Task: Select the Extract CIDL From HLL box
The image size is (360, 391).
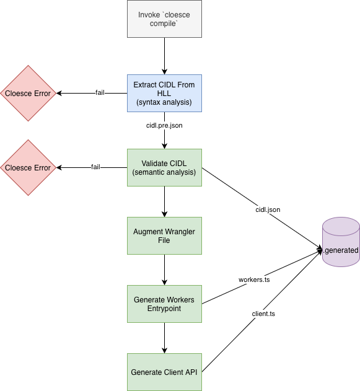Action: click(x=164, y=93)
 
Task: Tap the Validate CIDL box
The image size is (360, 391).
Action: click(x=164, y=167)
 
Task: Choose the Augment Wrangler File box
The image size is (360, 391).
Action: click(x=164, y=235)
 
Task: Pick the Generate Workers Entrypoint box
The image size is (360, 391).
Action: click(x=164, y=304)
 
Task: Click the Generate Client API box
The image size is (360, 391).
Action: click(x=164, y=372)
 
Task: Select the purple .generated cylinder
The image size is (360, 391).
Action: click(x=340, y=242)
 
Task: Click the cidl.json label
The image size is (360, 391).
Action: click(x=267, y=209)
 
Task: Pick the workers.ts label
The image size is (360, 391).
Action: click(x=253, y=279)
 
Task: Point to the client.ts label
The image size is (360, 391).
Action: click(x=263, y=314)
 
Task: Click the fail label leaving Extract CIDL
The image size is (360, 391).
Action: click(x=99, y=93)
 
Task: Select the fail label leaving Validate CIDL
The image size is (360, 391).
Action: click(x=95, y=167)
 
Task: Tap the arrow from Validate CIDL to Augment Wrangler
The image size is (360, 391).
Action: click(x=164, y=201)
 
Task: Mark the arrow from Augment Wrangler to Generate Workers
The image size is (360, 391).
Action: click(x=164, y=270)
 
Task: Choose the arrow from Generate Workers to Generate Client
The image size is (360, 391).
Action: click(x=164, y=338)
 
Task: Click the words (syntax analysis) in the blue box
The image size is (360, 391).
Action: click(x=164, y=102)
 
